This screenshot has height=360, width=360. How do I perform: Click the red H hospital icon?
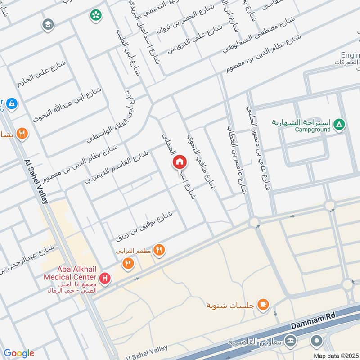pyautogui.click(x=105, y=279)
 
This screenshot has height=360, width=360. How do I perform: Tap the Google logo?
pyautogui.click(x=18, y=353)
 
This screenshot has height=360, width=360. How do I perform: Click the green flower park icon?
pyautogui.click(x=96, y=16)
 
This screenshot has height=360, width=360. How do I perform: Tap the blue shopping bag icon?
pyautogui.click(x=12, y=103)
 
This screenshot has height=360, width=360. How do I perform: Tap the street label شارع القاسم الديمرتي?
pyautogui.click(x=116, y=168)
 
